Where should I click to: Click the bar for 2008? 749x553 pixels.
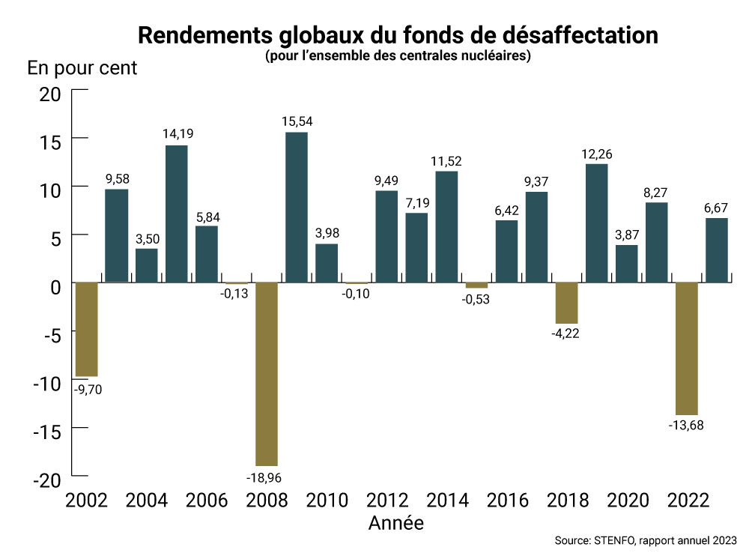pyautogui.click(x=267, y=374)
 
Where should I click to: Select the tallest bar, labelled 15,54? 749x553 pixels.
pyautogui.click(x=297, y=208)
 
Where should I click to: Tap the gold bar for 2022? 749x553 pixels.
pyautogui.click(x=686, y=348)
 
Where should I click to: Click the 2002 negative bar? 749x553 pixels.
pyautogui.click(x=86, y=329)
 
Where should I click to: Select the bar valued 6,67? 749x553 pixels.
pyautogui.click(x=716, y=250)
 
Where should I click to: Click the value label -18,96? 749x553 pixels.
pyautogui.click(x=267, y=477)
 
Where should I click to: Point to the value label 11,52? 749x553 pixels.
pyautogui.click(x=446, y=160)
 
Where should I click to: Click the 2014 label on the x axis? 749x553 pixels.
pyautogui.click(x=446, y=501)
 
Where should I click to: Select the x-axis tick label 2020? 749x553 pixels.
pyautogui.click(x=626, y=501)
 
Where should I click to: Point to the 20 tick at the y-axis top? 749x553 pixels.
pyautogui.click(x=50, y=94)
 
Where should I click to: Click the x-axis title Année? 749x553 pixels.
pyautogui.click(x=396, y=522)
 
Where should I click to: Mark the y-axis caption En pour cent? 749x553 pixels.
pyautogui.click(x=82, y=67)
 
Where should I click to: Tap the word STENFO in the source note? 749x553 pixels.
pyautogui.click(x=613, y=540)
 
